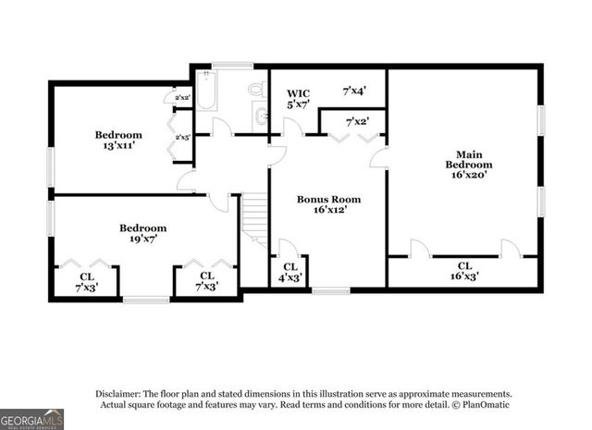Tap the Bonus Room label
328,199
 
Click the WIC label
298,93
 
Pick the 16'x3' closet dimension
464,276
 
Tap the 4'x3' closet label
290,276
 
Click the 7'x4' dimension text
354,91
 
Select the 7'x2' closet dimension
357,121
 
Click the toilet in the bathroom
258,90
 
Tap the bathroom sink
262,117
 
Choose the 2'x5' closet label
181,138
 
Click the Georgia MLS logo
32,419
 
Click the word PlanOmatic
482,405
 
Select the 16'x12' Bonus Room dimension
328,210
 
